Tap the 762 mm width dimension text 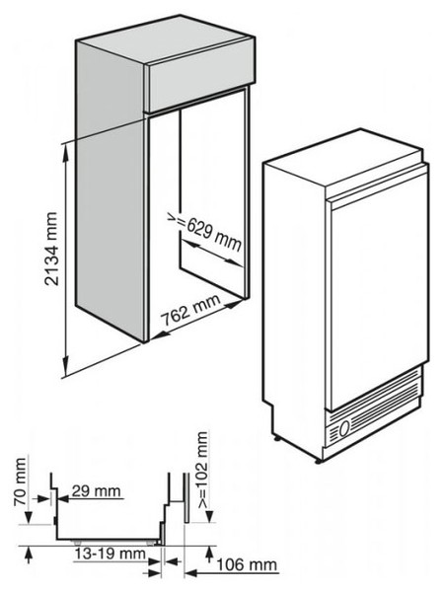pos(190,311)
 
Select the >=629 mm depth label pos(204,232)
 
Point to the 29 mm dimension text pos(97,491)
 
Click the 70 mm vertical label pos(20,482)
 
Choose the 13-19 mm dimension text pos(110,554)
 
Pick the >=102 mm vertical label pos(202,470)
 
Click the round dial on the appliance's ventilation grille pos(344,429)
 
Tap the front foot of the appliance pos(319,461)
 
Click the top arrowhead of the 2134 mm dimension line pos(66,150)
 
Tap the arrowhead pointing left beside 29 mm pos(63,498)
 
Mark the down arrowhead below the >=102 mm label pos(210,516)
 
